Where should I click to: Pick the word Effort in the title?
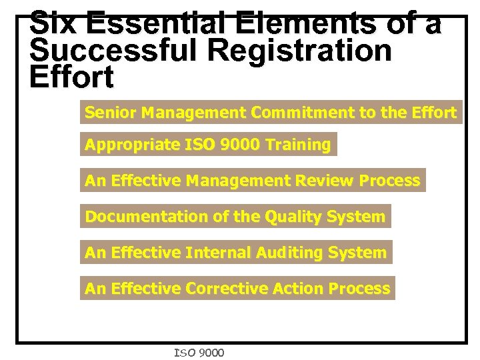[x=72, y=77]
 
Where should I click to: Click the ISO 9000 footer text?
[x=199, y=353]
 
